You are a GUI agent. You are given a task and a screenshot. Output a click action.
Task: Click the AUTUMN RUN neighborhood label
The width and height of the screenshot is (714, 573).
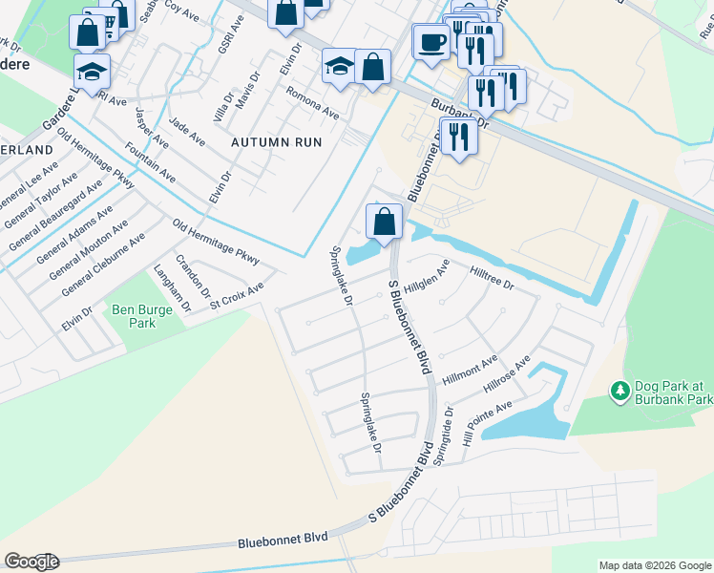(276, 141)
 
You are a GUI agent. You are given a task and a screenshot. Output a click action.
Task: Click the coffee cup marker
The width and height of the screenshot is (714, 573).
(431, 43)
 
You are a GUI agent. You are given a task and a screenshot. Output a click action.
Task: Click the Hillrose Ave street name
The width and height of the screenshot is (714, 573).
(507, 375)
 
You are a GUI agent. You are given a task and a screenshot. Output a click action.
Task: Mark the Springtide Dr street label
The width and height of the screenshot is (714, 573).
(442, 435)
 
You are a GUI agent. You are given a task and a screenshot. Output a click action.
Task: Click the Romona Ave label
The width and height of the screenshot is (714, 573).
(313, 101)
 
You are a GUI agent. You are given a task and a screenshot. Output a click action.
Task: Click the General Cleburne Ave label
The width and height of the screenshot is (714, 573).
(102, 264)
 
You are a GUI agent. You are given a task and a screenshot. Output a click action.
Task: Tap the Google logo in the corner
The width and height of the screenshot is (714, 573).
(31, 561)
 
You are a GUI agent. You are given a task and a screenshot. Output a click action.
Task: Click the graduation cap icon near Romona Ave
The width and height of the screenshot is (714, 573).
(339, 66)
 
